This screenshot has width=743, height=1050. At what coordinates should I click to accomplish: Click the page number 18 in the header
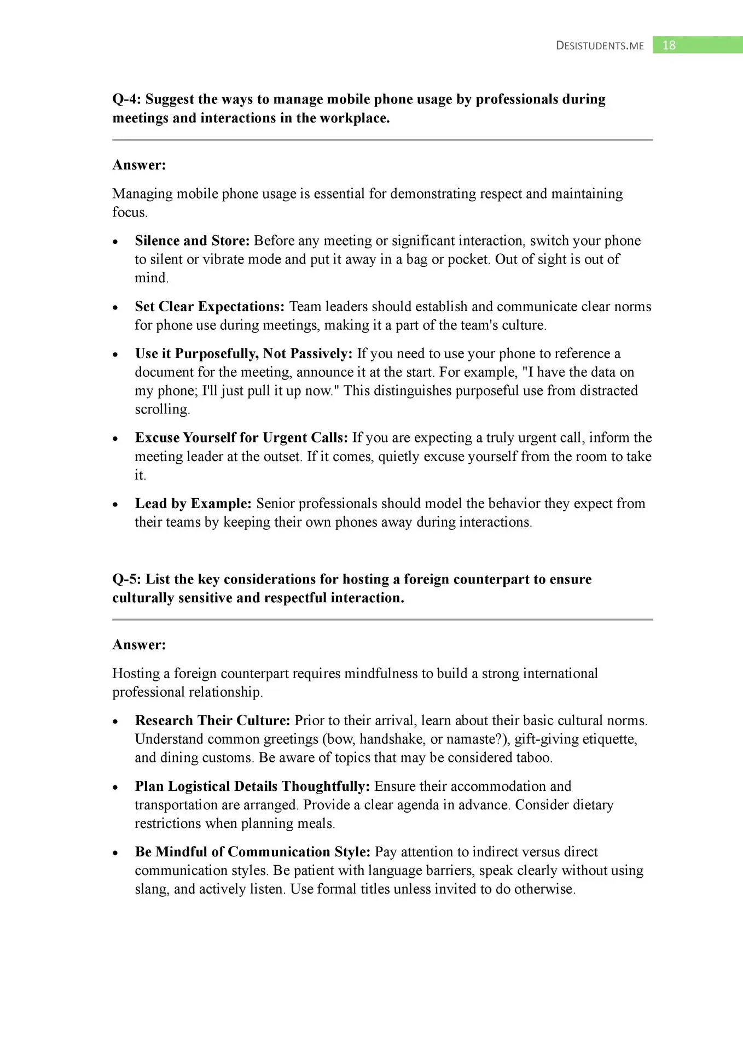669,45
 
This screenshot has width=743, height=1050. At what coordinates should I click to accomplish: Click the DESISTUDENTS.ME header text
600,46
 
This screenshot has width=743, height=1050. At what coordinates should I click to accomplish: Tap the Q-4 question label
126,99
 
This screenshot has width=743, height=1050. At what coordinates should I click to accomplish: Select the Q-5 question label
126,579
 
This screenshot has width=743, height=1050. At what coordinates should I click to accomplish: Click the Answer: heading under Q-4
139,165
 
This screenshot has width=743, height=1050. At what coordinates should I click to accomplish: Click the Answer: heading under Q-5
139,645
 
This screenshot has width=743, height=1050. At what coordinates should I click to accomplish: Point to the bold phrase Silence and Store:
192,241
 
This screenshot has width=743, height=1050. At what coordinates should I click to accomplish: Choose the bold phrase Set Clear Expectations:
210,306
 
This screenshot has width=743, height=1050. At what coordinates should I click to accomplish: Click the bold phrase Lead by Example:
193,503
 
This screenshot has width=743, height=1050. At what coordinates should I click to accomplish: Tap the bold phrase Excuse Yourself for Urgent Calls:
241,437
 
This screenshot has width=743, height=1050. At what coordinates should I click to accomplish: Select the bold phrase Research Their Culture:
212,720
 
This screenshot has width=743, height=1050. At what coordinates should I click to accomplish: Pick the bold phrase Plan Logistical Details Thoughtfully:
252,786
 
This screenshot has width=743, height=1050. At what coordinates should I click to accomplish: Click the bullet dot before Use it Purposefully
115,355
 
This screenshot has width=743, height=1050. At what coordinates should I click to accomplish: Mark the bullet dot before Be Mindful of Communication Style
115,853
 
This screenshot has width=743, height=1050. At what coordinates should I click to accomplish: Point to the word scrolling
161,410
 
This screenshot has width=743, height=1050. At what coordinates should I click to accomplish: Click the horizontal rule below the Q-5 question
382,620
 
